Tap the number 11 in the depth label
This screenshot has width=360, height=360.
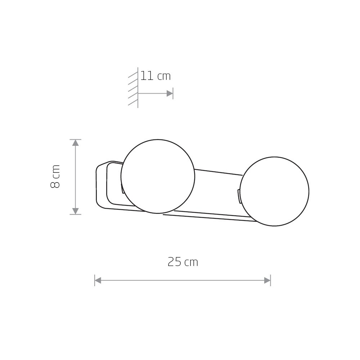(147, 76)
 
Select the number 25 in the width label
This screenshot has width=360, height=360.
(175, 262)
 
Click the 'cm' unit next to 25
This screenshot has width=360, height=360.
(191, 263)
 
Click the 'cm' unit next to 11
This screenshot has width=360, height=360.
(164, 77)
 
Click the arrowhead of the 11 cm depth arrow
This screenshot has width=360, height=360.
(170, 94)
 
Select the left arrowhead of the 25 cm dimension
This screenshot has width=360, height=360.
(98, 280)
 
